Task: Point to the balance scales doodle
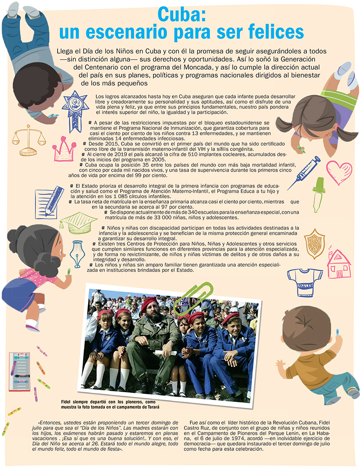[29, 140]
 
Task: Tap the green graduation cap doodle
[79, 223]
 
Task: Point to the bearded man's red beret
[150, 304]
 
